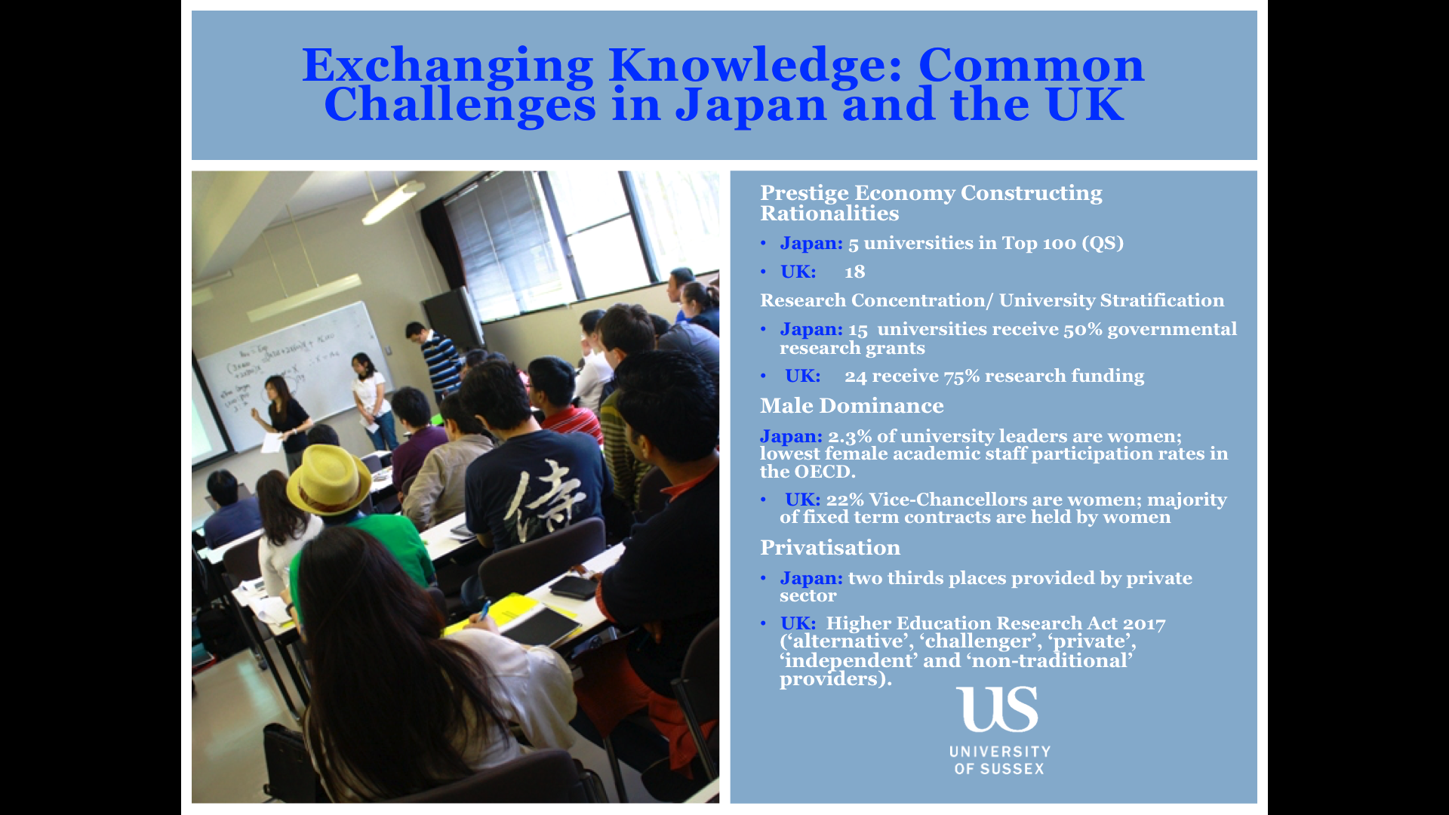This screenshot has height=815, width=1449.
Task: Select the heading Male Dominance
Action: (x=851, y=406)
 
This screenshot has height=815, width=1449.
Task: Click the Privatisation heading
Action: (x=830, y=548)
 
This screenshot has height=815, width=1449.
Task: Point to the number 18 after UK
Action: (x=855, y=272)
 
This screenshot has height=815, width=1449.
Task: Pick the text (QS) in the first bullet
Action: (x=1103, y=243)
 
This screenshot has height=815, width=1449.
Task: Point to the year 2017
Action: (x=1144, y=623)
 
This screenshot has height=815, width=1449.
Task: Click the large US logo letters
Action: (x=997, y=709)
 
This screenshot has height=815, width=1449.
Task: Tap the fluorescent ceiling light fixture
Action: (x=393, y=201)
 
